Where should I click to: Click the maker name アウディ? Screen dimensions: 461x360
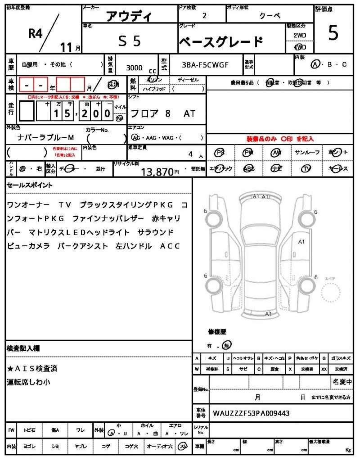tap(129, 16)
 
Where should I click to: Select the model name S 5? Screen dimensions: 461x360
tap(130, 41)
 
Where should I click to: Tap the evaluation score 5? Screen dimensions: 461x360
tap(333, 33)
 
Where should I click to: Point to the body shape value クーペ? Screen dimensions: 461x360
tap(270, 16)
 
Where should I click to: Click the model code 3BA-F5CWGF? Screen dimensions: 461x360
tap(205, 65)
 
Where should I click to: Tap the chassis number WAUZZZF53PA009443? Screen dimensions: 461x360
tap(251, 413)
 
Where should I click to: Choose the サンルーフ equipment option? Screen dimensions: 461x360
tap(307, 153)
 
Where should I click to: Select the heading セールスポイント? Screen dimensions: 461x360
tap(30, 185)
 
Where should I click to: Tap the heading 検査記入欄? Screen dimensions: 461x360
tap(23, 348)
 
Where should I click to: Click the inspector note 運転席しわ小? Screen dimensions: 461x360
tap(29, 382)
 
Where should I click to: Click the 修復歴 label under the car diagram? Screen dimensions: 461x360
tap(217, 332)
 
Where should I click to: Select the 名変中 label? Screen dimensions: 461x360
tap(342, 382)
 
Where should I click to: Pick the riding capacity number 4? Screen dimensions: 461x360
tap(191, 154)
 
